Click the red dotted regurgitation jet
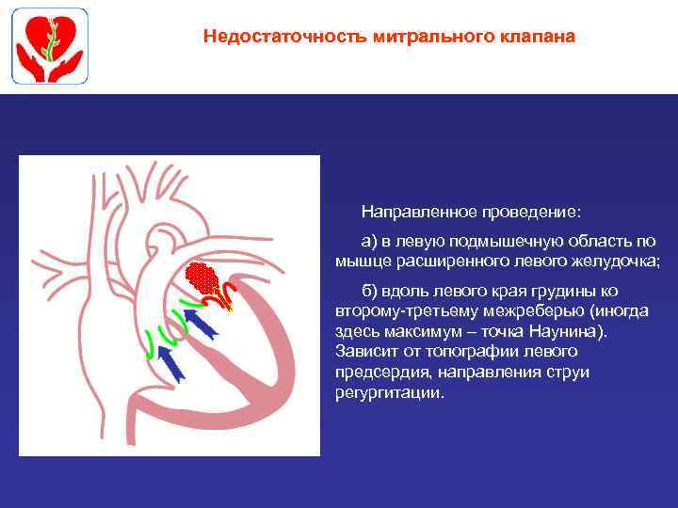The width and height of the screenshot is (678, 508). pos(202,278)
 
